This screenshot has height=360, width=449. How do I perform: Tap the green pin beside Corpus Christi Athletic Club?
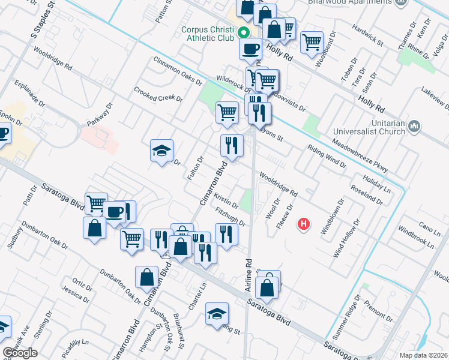point(244,32)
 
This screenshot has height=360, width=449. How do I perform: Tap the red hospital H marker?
point(304,224)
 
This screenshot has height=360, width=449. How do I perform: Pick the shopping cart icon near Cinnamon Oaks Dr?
point(227,112)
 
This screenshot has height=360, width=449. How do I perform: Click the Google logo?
point(20,353)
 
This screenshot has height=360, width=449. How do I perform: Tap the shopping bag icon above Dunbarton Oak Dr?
point(146,278)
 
